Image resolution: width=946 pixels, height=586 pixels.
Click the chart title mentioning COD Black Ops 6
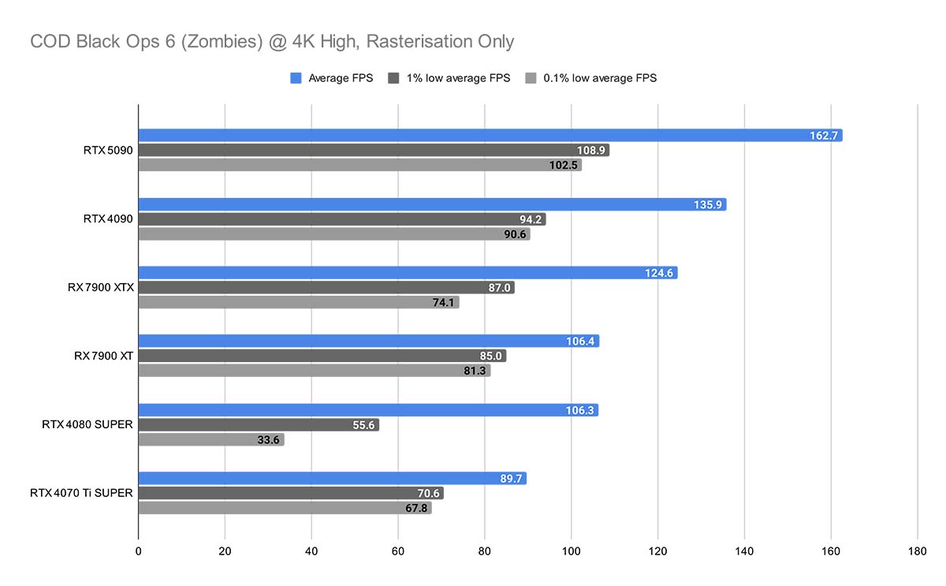pos(272,41)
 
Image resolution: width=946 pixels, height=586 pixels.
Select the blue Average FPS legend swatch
pos(296,78)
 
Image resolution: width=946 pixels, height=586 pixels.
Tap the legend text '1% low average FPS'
pos(458,78)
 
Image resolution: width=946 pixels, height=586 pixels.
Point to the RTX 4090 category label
pos(108,218)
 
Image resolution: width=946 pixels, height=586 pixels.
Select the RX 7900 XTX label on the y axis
pos(101,287)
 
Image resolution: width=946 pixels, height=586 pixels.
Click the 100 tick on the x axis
pos(571,551)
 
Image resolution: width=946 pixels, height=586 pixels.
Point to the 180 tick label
pos(917,551)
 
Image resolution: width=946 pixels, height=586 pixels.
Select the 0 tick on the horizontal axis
pos(139,551)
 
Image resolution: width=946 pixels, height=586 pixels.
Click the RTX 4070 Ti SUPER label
pos(81,493)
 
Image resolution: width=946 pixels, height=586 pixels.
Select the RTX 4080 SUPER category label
pos(88,424)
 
